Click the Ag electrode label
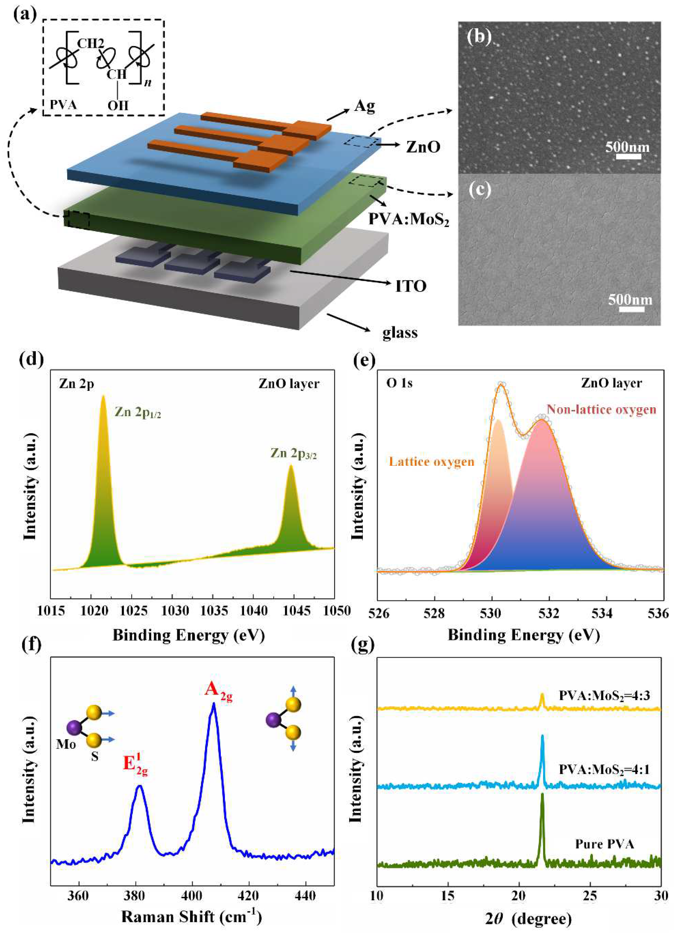click(x=364, y=107)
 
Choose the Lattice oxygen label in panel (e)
click(x=431, y=461)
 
